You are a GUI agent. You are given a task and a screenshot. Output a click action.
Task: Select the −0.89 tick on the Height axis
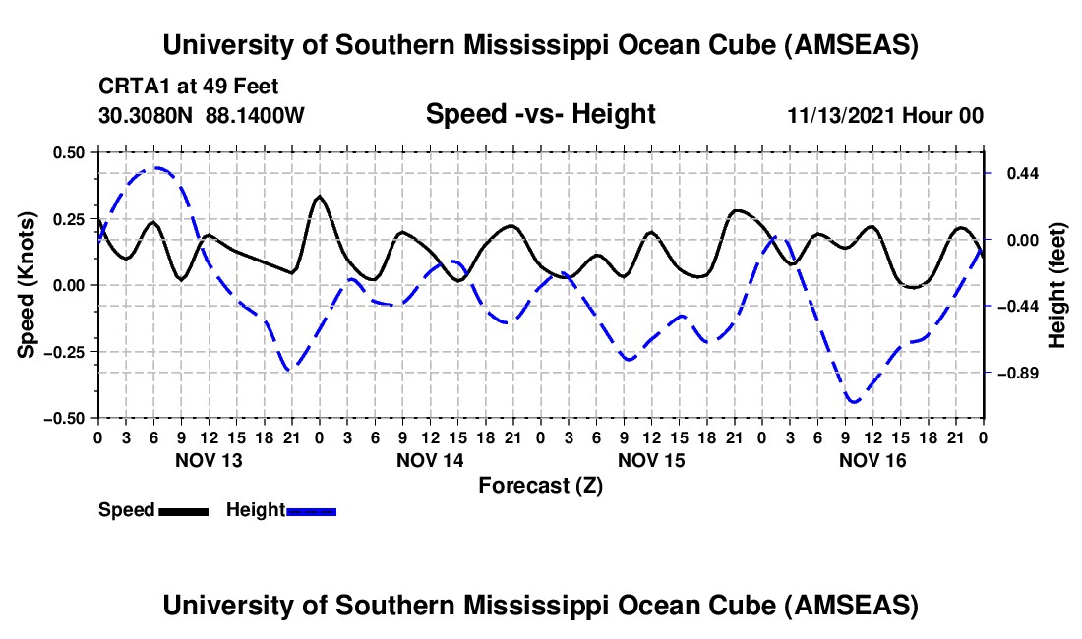[1013, 374]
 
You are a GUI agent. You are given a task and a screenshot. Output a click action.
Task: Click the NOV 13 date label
[209, 460]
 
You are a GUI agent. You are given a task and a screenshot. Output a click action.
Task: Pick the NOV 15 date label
[651, 460]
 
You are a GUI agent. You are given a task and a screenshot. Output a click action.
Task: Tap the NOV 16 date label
[872, 460]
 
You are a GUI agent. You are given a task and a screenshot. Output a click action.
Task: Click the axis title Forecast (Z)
[540, 485]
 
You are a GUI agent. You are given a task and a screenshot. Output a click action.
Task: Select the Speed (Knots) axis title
[29, 285]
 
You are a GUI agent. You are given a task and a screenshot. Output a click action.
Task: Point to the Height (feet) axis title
[1057, 285]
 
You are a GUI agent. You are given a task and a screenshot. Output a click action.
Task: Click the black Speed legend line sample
[182, 510]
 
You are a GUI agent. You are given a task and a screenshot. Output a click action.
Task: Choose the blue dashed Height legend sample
[311, 510]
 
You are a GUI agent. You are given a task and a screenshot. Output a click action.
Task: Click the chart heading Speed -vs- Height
[540, 115]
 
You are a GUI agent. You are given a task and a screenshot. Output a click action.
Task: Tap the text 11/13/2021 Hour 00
[885, 116]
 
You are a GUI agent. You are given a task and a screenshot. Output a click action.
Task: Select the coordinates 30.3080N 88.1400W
[202, 116]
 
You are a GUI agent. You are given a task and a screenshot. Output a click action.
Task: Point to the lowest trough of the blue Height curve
[853, 402]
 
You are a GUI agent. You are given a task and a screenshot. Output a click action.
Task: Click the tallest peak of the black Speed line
[319, 197]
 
